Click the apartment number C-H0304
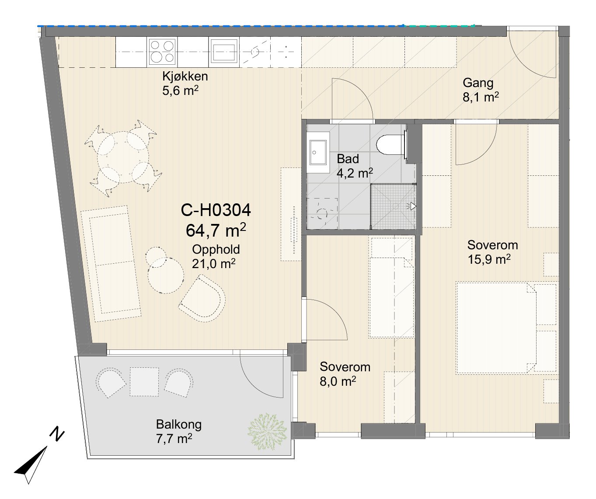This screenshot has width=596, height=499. click(x=216, y=210)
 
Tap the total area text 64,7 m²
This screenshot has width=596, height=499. click(x=216, y=230)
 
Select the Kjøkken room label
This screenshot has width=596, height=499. click(x=185, y=76)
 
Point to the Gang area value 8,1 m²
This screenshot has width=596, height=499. click(x=481, y=97)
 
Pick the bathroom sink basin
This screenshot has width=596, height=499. click(x=318, y=152)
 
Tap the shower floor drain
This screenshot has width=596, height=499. click(x=395, y=206)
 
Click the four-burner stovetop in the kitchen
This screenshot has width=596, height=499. click(x=162, y=52)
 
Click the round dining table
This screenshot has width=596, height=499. click(x=123, y=157)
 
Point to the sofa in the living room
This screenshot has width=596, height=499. click(x=111, y=264)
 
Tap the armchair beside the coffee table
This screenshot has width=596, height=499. click(x=202, y=299)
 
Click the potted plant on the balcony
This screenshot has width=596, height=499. click(x=267, y=432)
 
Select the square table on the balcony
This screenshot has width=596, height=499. click(x=144, y=382)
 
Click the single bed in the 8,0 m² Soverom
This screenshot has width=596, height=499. click(x=391, y=288)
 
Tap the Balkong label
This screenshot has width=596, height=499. click(x=179, y=425)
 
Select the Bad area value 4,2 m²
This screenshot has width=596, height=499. click(x=355, y=173)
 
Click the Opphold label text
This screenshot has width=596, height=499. click(x=216, y=249)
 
